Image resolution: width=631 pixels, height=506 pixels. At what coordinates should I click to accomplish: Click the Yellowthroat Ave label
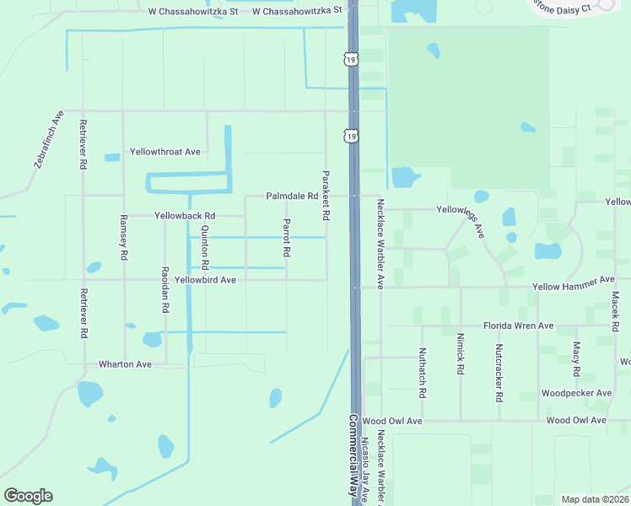point(165,152)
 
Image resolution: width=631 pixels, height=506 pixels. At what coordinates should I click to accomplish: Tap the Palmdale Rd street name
point(292,196)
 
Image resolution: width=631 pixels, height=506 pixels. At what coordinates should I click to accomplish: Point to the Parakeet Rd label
point(325,196)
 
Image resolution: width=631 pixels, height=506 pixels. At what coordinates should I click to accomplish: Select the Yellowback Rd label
point(185,216)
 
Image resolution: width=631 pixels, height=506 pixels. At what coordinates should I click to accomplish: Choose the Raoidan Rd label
point(164,292)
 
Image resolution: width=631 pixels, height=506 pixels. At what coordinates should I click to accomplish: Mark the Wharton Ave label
point(125,364)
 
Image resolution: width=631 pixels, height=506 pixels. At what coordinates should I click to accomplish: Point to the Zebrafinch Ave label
point(50,138)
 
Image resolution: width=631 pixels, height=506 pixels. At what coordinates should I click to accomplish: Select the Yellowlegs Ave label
point(461,216)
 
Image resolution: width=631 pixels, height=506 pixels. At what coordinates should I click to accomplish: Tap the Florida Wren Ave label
point(518,326)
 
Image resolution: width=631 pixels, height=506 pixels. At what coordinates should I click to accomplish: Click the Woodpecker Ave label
point(576,393)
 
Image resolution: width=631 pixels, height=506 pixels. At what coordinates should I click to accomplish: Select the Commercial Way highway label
point(353,455)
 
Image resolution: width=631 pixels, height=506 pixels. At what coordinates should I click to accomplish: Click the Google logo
point(28,496)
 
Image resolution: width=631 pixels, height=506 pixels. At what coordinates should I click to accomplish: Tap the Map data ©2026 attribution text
point(595,499)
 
